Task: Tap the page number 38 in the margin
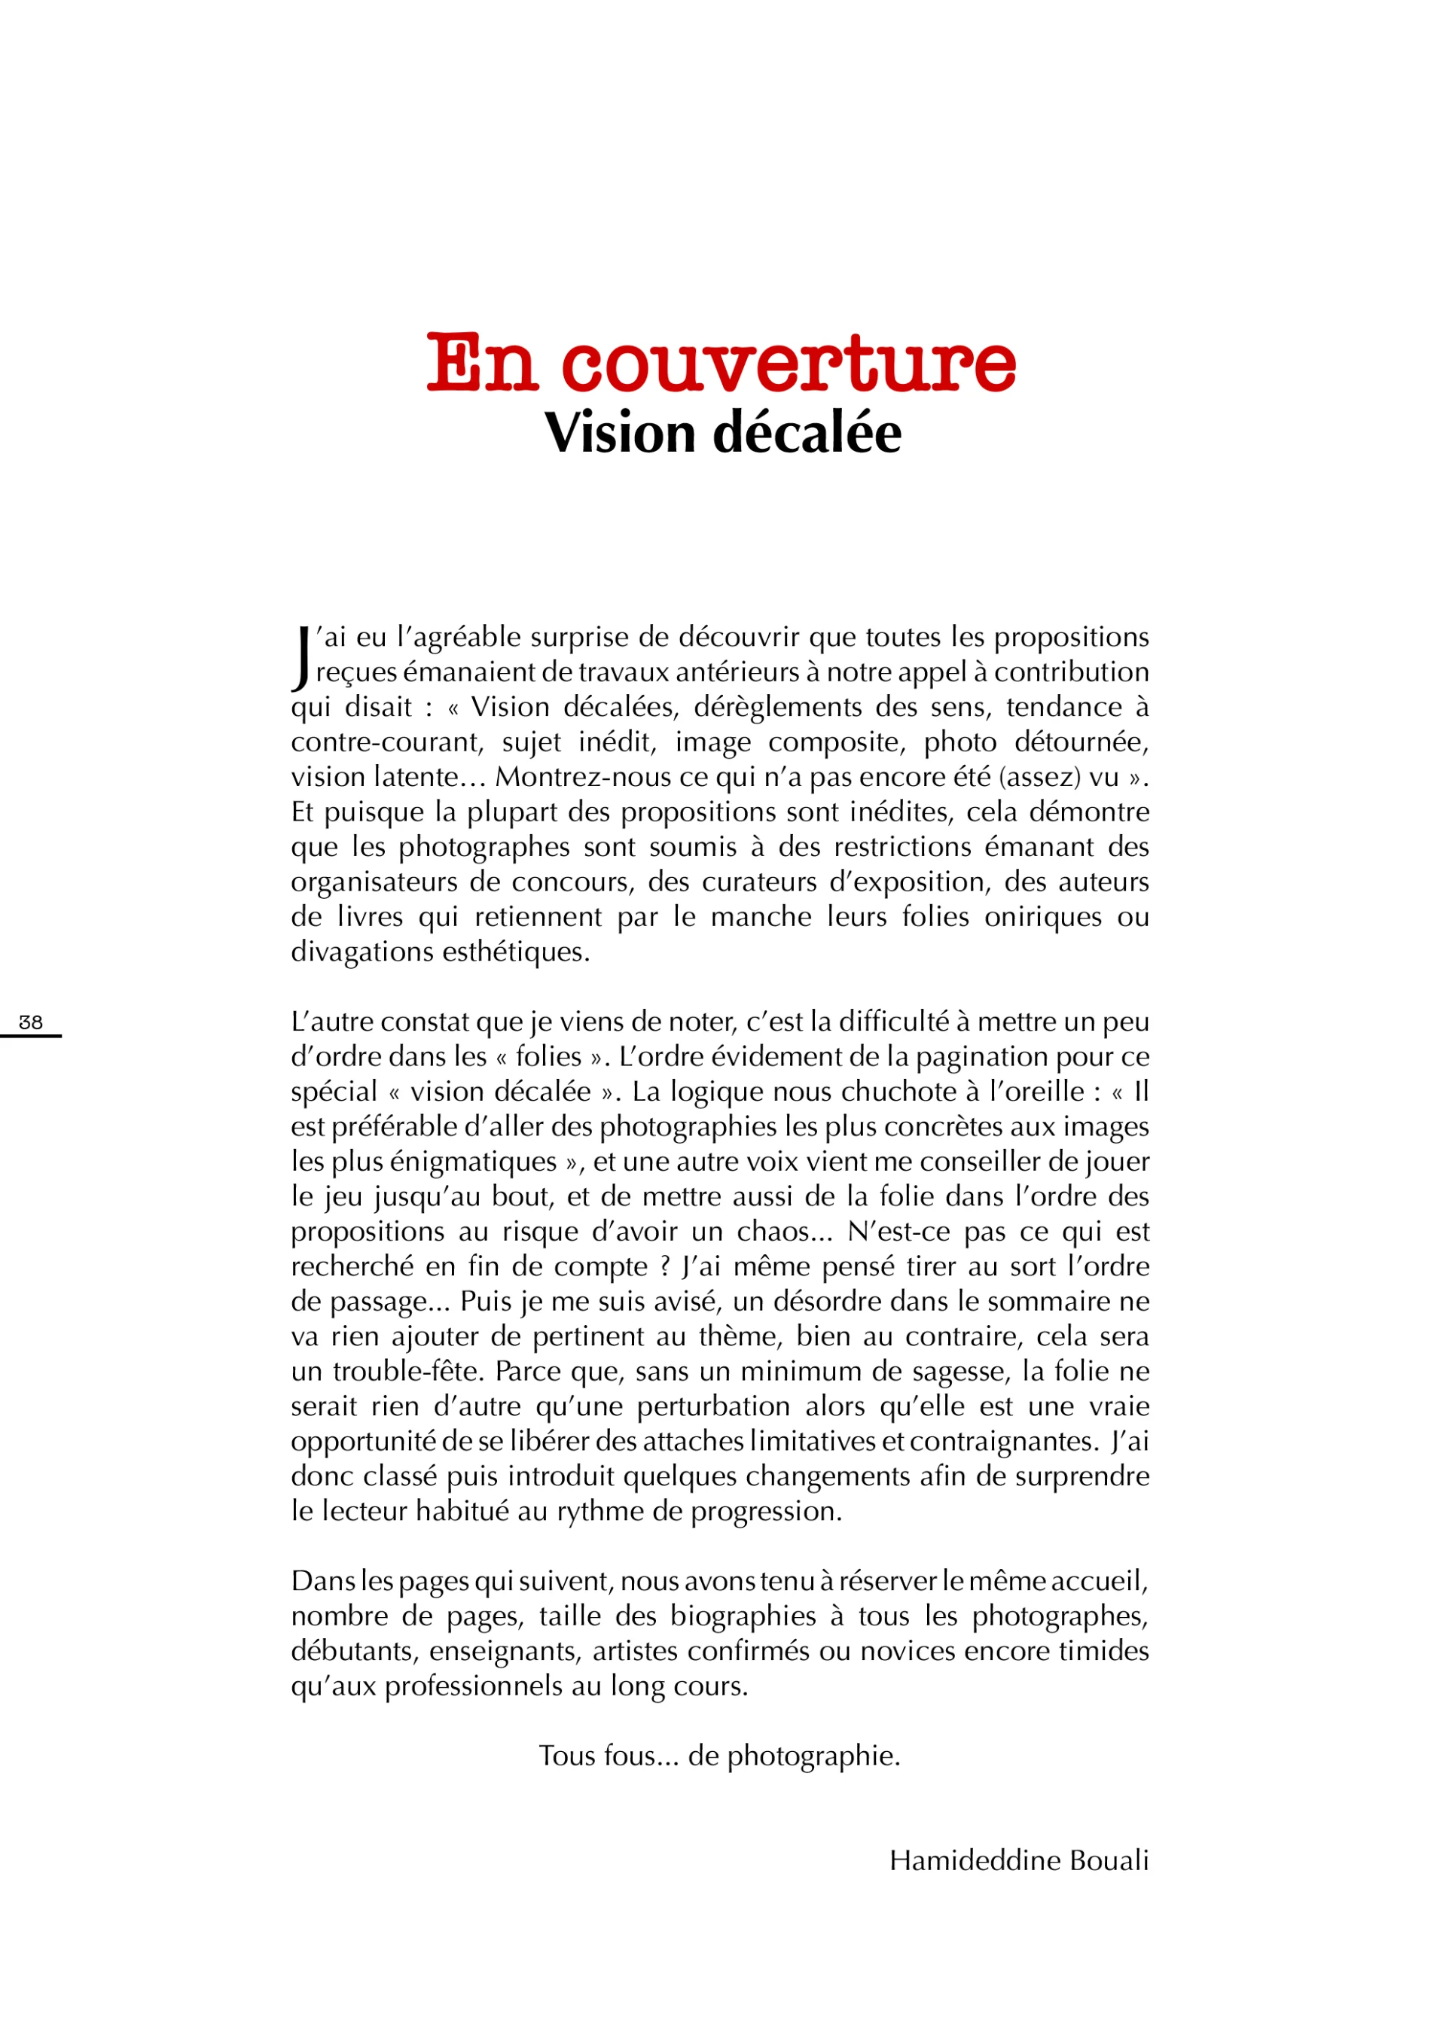[x=30, y=1022]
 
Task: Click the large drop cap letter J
[x=301, y=658]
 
